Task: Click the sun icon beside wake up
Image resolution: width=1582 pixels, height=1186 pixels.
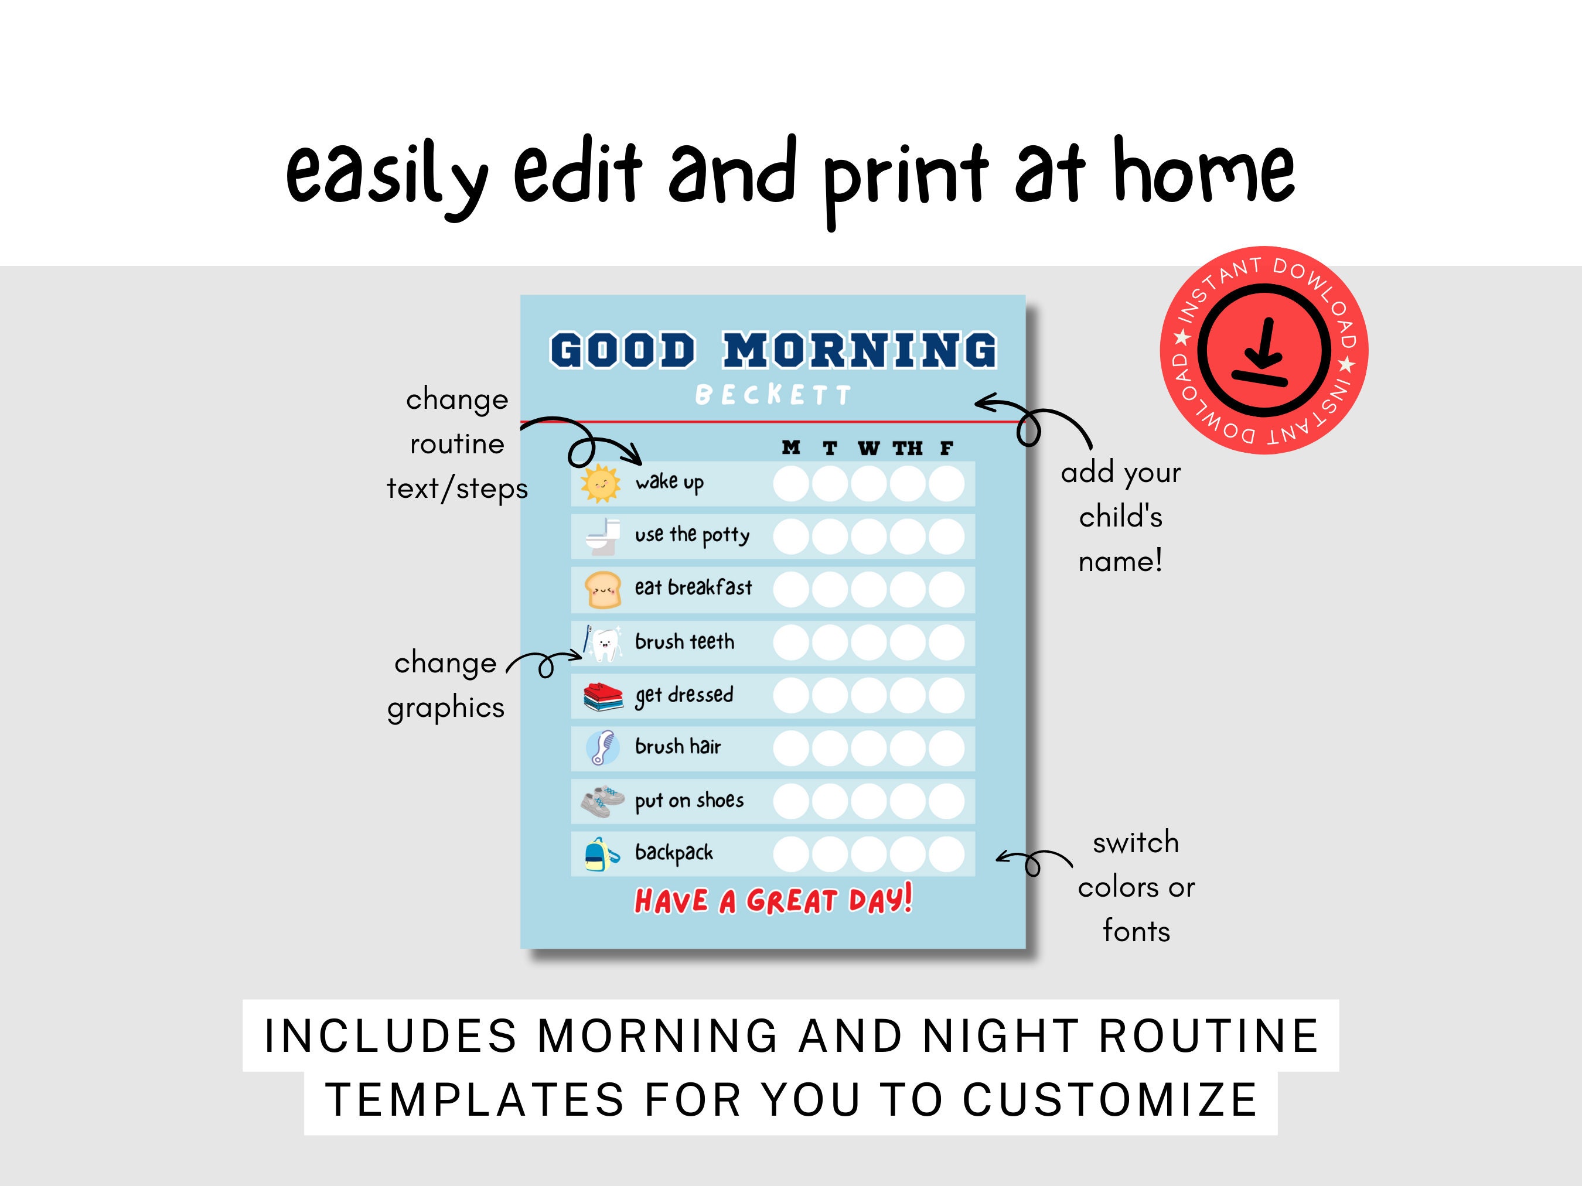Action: click(600, 483)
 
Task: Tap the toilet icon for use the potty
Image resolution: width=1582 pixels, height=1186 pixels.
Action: click(603, 536)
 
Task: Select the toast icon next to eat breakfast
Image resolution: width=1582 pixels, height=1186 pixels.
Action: click(602, 590)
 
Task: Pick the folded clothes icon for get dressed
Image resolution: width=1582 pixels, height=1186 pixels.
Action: click(603, 696)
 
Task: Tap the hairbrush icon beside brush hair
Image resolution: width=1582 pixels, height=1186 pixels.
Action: click(603, 748)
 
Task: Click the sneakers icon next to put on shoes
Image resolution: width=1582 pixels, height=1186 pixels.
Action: click(602, 801)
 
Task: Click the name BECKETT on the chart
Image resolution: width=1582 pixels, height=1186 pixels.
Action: click(773, 395)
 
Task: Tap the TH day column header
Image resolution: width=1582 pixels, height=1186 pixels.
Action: click(908, 448)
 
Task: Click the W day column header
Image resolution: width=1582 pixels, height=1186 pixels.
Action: click(868, 448)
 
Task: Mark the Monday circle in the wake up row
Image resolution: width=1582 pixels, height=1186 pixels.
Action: click(791, 484)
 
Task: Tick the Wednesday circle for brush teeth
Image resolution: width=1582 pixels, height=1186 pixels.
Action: click(869, 642)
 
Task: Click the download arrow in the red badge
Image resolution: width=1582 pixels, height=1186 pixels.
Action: click(1264, 350)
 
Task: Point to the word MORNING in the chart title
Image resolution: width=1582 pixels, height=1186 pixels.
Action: click(859, 350)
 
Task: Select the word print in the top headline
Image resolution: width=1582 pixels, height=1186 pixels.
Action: click(905, 175)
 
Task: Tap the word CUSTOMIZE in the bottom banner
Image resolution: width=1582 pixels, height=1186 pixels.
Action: click(1109, 1099)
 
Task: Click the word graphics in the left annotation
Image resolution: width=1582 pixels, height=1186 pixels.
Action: click(445, 708)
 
